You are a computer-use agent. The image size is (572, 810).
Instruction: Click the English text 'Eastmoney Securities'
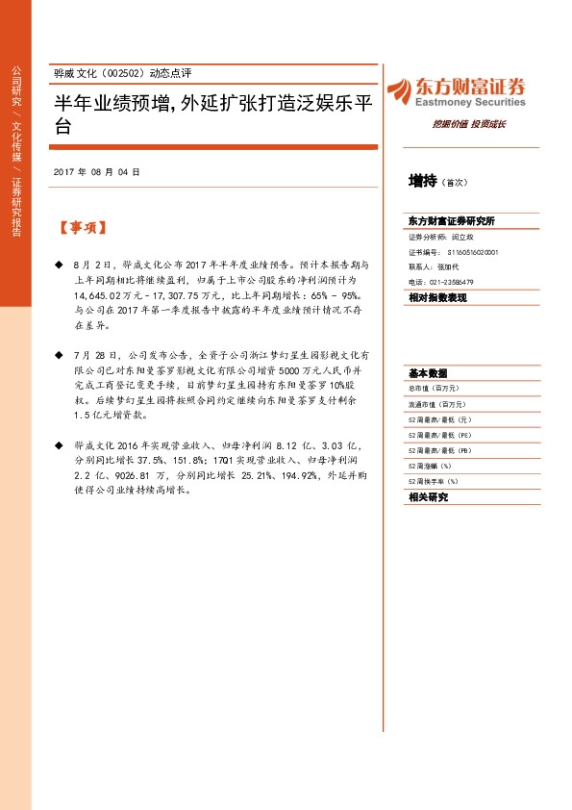tap(470, 102)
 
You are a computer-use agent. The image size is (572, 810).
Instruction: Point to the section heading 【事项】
tap(82, 229)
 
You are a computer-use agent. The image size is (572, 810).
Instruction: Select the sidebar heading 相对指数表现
tap(437, 298)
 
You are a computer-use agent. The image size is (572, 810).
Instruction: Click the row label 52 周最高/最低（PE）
tap(444, 435)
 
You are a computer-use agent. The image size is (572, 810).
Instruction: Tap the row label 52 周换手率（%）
tap(435, 481)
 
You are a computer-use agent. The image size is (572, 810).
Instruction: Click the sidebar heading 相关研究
tap(428, 497)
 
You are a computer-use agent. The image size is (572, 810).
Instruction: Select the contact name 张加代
tap(448, 266)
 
